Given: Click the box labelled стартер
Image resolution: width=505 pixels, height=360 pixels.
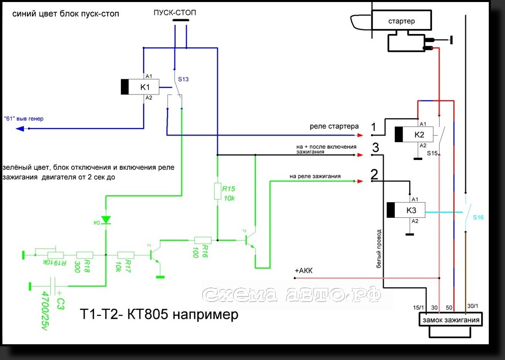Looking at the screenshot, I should coord(401,21).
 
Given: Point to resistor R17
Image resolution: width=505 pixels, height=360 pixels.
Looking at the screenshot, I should coord(125,255).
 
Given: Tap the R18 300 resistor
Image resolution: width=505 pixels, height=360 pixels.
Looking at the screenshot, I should coord(85,255).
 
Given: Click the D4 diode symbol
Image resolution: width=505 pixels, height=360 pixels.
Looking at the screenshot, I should coord(106,220).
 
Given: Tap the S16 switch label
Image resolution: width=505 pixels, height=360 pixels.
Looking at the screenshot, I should coord(478,217).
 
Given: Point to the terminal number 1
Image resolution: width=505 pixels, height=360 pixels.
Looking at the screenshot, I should coord(374,127).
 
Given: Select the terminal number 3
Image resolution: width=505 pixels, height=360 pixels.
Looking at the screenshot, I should coord(375,148).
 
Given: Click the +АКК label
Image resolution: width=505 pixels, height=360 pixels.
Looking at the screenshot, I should coord(304,271).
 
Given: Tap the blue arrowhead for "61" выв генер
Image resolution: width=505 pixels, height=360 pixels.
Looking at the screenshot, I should coord(20,128).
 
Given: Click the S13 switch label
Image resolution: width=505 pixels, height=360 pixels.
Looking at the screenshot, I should coord(185,80).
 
